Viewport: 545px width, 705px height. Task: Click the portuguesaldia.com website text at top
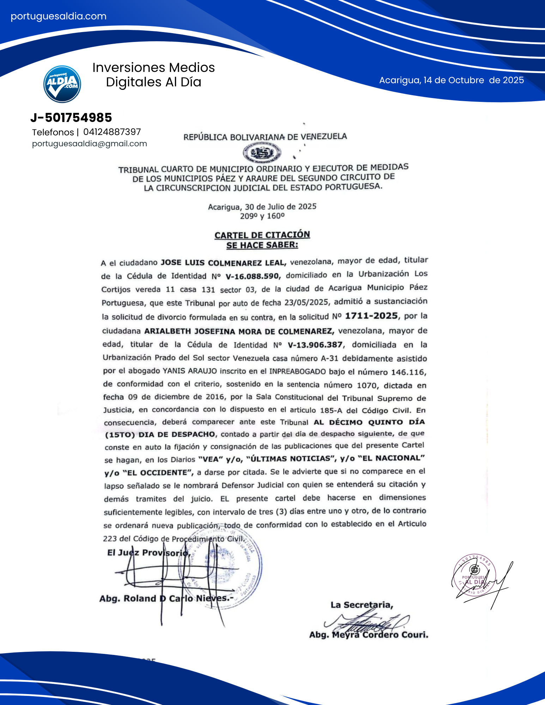click(x=59, y=16)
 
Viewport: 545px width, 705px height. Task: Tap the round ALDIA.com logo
click(x=62, y=84)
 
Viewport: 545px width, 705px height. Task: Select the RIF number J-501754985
click(x=71, y=118)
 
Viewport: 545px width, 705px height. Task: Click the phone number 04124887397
click(x=112, y=132)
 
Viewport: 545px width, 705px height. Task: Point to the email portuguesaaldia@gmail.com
click(x=89, y=144)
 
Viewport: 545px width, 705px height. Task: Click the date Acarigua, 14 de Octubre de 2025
click(x=451, y=80)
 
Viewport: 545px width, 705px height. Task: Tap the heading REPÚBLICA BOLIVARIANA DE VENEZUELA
click(x=265, y=137)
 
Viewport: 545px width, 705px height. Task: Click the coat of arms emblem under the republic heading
click(x=262, y=153)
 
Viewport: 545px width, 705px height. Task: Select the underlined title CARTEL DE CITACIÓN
click(x=262, y=235)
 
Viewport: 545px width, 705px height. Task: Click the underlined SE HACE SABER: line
click(x=262, y=245)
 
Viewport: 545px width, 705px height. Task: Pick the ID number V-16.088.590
click(x=253, y=276)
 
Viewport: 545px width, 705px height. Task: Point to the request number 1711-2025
click(x=371, y=316)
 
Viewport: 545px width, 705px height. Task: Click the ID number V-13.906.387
click(x=315, y=345)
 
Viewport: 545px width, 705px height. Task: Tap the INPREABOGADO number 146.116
click(x=408, y=372)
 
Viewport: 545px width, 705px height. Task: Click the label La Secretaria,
click(x=362, y=605)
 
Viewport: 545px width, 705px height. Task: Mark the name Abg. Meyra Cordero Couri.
click(x=369, y=635)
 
